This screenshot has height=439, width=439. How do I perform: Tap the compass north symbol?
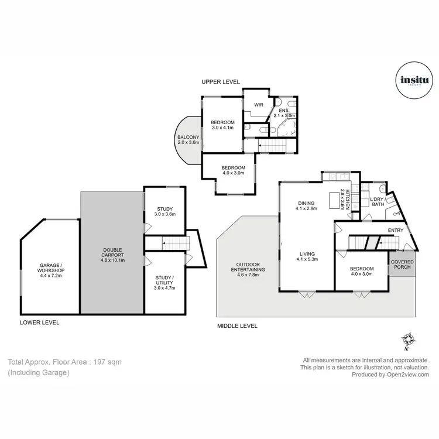[x=409, y=340]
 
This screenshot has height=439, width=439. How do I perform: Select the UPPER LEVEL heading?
[x=221, y=81]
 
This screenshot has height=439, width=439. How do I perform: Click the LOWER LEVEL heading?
[x=39, y=323]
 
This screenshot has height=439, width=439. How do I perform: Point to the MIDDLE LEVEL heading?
[x=237, y=326]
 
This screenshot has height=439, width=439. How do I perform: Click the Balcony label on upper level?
[x=188, y=139]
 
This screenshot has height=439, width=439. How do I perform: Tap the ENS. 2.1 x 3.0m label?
[x=286, y=113]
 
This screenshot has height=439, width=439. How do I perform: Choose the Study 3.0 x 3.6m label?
[x=164, y=211]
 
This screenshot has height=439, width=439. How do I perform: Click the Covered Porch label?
[x=402, y=265]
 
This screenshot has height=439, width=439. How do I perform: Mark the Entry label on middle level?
[x=396, y=230]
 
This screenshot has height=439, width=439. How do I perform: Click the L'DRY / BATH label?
[x=377, y=202]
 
